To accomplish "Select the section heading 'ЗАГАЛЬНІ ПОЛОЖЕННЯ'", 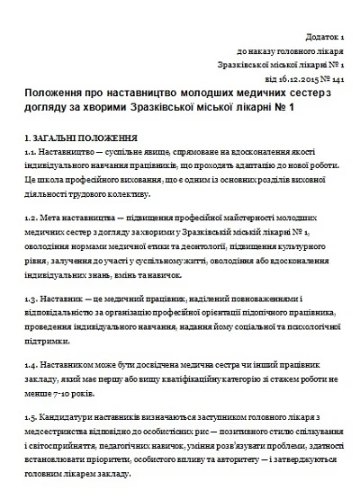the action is (85, 140).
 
